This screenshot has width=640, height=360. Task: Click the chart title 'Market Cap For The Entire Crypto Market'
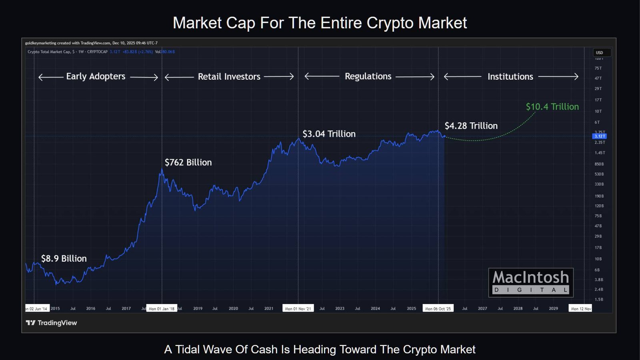pos(320,23)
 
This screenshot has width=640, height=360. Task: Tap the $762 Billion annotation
pos(188,162)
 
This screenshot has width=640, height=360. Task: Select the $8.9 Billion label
pos(64,258)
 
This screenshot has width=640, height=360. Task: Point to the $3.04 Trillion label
pos(329,134)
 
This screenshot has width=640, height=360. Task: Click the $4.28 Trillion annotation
pos(471,126)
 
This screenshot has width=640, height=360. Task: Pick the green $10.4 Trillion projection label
pos(552,107)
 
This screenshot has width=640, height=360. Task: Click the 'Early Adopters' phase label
pos(96,76)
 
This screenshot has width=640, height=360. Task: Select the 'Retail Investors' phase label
pos(229,77)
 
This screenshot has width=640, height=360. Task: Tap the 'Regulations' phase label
pos(368,76)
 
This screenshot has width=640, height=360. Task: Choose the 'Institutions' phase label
pos(510,77)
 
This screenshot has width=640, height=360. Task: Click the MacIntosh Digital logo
pos(531,282)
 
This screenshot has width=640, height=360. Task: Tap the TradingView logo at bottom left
pos(51,323)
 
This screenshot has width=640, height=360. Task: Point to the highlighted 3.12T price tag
pos(599,136)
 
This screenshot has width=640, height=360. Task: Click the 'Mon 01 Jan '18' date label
pos(162,309)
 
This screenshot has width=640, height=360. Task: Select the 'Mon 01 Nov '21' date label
pos(298,309)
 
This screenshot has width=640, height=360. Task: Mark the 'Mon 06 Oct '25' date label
pos(438,309)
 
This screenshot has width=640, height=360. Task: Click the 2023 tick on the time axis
pos(340,309)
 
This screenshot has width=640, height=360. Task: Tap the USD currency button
pos(600,53)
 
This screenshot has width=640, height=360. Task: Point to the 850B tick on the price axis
pos(599,164)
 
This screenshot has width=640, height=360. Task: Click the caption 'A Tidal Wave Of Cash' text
pos(320,349)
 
